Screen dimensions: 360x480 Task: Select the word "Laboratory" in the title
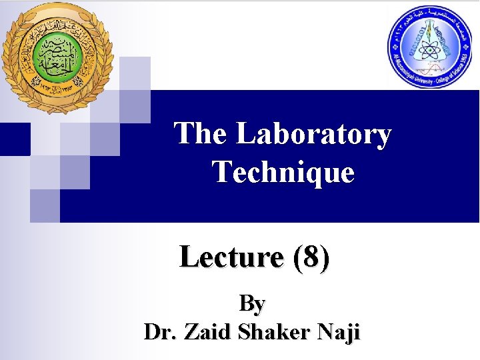tap(313, 134)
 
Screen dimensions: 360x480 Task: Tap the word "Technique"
tap(283, 172)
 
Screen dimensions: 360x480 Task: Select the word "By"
tap(252, 303)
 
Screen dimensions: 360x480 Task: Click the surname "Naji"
tap(337, 331)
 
